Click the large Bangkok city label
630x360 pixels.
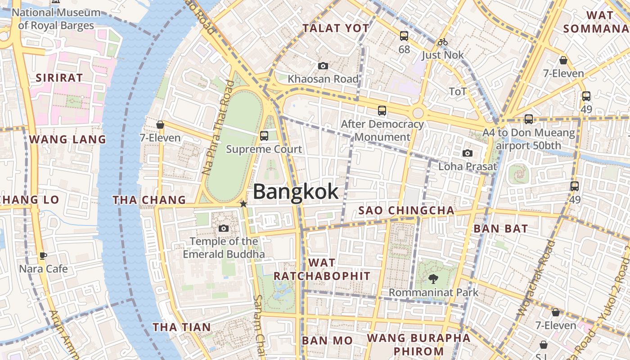[x=296, y=192]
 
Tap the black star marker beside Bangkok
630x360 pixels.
[x=243, y=204]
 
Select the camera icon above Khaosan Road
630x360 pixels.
[x=323, y=66]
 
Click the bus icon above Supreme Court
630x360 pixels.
[x=264, y=135]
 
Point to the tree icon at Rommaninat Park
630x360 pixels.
[x=433, y=279]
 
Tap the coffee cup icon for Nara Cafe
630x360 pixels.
[x=43, y=256]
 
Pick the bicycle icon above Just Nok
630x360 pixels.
[x=443, y=42]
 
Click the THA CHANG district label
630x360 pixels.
[x=149, y=200]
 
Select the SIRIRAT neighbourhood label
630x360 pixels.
[x=59, y=78]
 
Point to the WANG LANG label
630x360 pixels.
[x=67, y=139]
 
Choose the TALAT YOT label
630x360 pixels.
[x=336, y=28]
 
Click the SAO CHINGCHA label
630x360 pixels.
[x=406, y=211]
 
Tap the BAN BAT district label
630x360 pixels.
[x=500, y=229]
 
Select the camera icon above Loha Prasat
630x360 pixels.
[x=468, y=153]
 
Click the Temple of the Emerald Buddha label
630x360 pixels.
[x=224, y=247]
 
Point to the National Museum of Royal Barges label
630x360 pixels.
[x=56, y=18]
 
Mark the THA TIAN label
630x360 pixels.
[x=181, y=327]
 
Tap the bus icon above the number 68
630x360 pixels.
[x=404, y=36]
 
